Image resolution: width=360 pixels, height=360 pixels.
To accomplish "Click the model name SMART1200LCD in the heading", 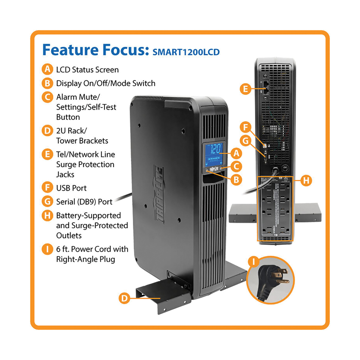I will click(x=186, y=51).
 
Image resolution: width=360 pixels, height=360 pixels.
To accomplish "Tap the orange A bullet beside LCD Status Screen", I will click(x=47, y=69).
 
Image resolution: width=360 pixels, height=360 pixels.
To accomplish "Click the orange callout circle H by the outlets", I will click(x=306, y=180).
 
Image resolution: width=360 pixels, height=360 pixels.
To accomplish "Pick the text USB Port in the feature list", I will click(x=71, y=188).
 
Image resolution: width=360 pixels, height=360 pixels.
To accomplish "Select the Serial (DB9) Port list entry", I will click(x=84, y=202).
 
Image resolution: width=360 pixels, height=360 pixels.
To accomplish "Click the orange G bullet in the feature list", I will click(x=47, y=202).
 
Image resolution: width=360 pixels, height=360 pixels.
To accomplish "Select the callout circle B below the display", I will click(x=235, y=179).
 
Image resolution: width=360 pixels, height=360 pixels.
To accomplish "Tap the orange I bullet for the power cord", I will click(x=47, y=249).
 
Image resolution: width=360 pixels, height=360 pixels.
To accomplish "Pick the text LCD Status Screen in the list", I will click(x=87, y=69).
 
